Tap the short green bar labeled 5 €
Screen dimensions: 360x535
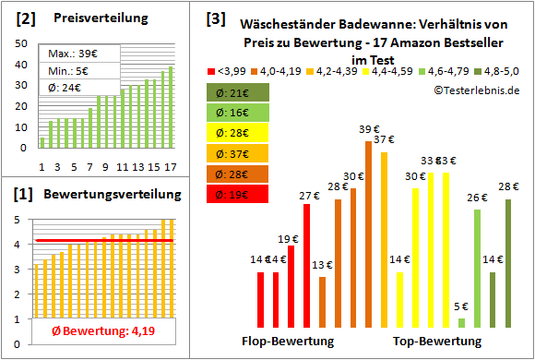point(461,322)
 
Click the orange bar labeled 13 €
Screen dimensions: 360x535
point(322,302)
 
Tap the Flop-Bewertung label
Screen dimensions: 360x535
point(288,341)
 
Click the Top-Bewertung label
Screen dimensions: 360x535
point(436,341)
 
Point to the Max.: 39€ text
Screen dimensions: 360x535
point(70,53)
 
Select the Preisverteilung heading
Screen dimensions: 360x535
point(90,18)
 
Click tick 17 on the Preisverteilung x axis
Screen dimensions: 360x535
point(171,167)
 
